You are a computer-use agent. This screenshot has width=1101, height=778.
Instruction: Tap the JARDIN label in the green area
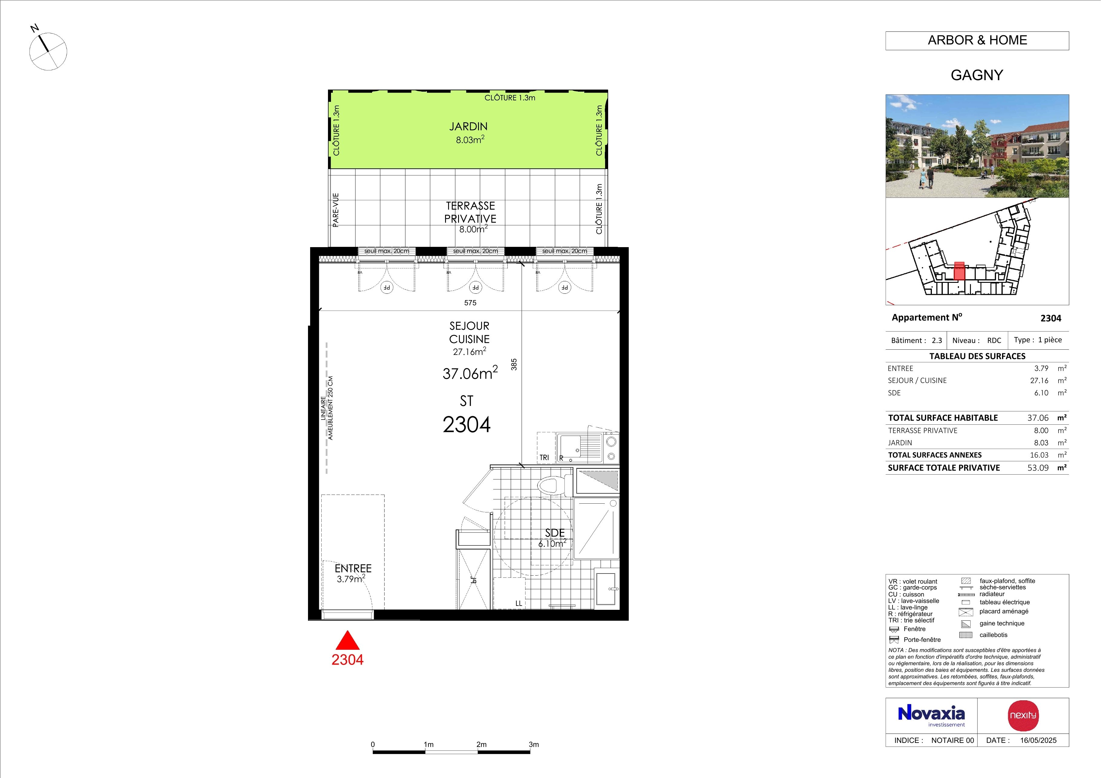coord(468,126)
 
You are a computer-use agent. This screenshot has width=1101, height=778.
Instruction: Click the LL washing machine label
coord(518,603)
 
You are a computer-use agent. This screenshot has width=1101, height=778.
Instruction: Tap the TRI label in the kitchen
coord(544,458)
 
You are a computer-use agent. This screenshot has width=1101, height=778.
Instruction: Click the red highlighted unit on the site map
coord(959,271)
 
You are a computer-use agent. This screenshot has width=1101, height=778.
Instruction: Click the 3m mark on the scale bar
coord(534,744)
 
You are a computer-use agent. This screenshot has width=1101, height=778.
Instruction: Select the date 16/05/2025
coord(1038,740)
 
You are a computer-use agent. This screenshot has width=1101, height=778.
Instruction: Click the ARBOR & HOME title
coord(977,40)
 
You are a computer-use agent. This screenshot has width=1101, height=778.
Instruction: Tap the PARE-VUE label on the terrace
coord(336,210)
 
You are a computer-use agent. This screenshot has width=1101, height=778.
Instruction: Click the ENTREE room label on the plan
coord(353,568)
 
